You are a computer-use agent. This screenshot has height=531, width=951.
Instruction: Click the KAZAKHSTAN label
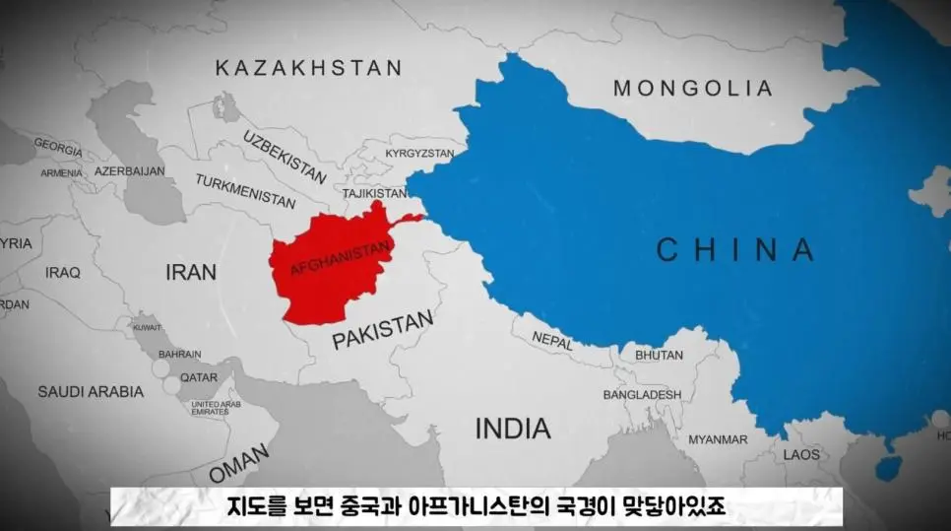pos(308,68)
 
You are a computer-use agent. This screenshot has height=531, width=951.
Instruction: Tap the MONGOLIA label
pos(693,89)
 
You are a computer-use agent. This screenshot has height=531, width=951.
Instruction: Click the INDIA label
pos(513,429)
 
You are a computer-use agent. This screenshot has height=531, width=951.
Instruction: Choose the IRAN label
pos(190,272)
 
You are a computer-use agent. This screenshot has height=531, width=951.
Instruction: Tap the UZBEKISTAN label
pos(285,156)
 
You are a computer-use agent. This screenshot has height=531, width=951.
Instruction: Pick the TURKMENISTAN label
pos(245,191)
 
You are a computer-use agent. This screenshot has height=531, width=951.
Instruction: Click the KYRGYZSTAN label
pos(419,154)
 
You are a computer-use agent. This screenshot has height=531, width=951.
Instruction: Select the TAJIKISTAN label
pos(374,193)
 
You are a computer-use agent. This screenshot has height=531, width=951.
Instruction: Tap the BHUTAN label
pos(659,355)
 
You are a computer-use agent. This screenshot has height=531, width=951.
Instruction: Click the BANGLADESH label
pos(642,394)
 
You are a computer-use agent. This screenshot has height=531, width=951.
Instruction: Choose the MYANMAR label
pos(718,439)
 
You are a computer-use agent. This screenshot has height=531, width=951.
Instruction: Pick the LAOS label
pos(801,454)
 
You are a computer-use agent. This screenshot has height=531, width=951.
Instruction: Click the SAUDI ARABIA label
pos(91,391)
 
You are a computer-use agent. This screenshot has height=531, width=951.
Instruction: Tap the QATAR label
pos(199,377)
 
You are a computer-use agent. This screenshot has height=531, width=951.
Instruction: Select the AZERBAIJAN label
pos(129,170)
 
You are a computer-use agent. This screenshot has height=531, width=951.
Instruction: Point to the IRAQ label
pos(62,272)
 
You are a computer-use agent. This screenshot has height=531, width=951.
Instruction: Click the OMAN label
pos(237,464)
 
